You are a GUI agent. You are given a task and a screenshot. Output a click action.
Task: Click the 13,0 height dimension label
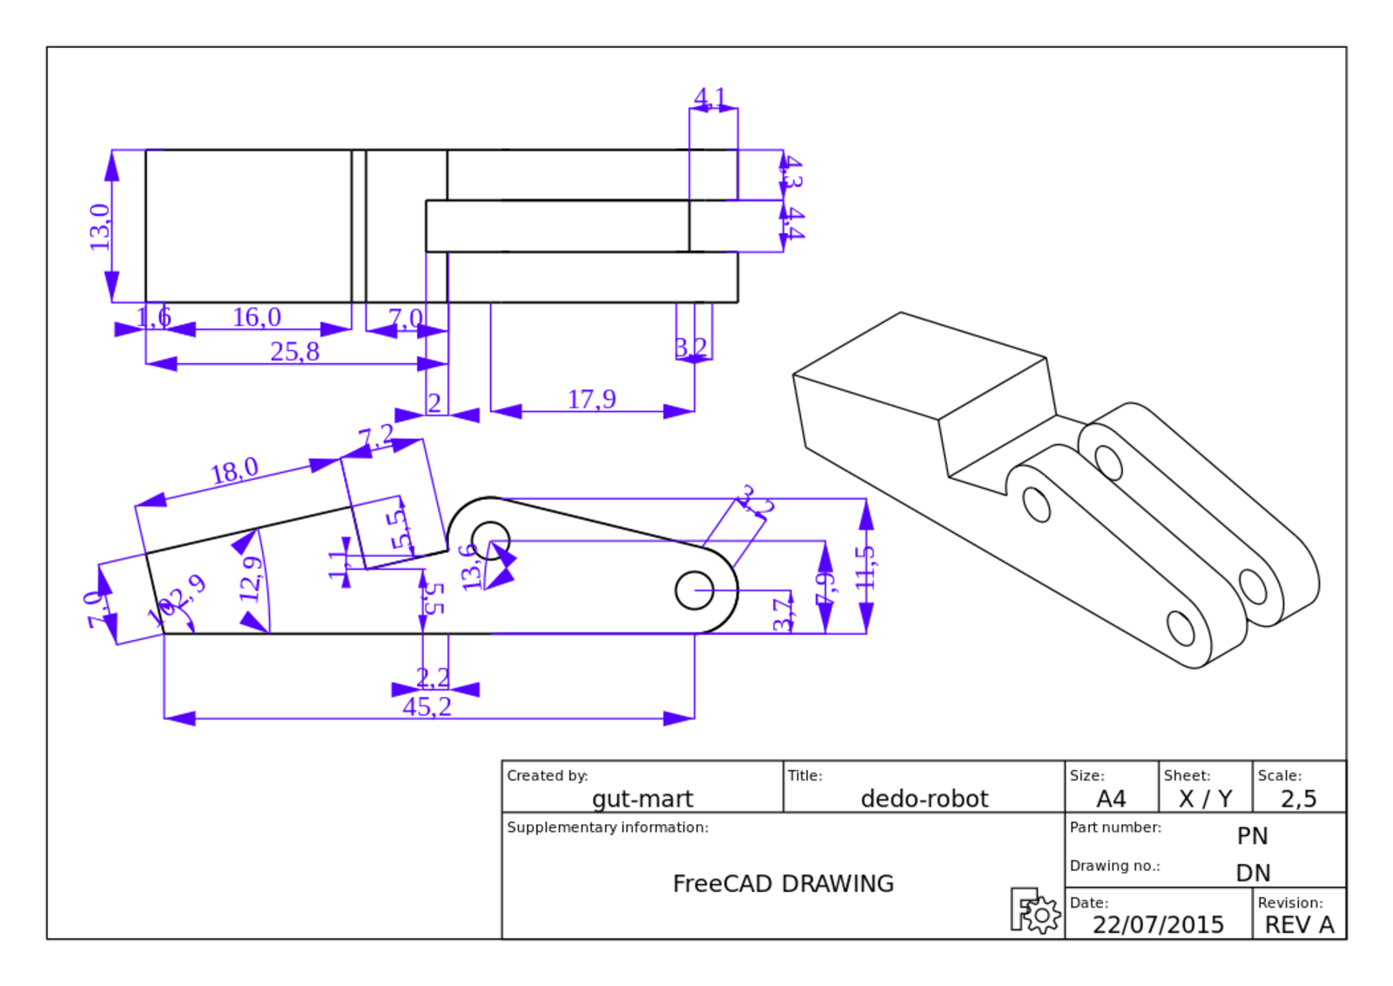[100, 226]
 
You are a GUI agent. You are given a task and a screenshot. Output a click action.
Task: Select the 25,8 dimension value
[294, 352]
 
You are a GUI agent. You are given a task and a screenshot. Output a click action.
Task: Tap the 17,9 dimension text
[591, 400]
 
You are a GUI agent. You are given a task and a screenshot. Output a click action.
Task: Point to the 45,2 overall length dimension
[427, 706]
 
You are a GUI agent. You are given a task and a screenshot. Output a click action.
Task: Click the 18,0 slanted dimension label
[234, 471]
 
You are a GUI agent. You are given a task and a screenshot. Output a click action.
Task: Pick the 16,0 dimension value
[256, 317]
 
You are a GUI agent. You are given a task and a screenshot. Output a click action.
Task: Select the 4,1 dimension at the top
[710, 98]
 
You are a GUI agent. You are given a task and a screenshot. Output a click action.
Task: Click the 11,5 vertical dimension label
[865, 568]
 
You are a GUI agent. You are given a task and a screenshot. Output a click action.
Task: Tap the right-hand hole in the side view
[694, 590]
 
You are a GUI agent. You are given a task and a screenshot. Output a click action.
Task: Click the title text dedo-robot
[924, 799]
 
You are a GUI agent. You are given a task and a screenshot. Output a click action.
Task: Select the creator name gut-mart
[643, 799]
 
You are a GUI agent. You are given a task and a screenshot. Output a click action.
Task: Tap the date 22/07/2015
[1158, 924]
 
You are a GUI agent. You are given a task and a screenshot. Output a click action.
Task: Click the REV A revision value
[1299, 924]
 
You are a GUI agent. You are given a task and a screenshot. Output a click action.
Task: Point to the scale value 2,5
[1298, 799]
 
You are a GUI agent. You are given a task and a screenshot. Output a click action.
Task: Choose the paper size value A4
[1111, 799]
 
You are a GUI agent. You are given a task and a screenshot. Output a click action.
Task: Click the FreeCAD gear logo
[1035, 911]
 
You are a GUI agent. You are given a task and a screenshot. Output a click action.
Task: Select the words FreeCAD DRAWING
[783, 883]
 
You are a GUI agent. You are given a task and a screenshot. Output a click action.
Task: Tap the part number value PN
[1252, 836]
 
